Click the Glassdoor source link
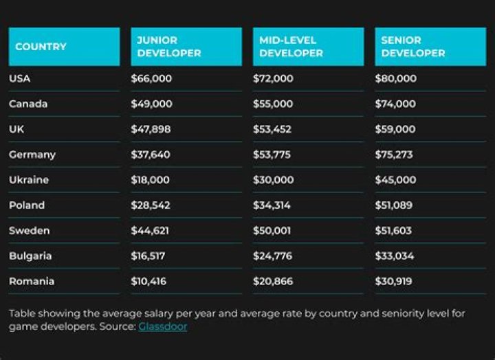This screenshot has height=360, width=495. pyautogui.click(x=162, y=326)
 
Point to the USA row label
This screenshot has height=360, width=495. pyautogui.click(x=20, y=78)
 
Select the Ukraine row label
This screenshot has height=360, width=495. pyautogui.click(x=29, y=180)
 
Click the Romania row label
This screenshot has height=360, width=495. pyautogui.click(x=32, y=281)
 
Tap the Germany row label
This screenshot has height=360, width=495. pyautogui.click(x=32, y=155)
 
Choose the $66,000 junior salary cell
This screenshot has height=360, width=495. pyautogui.click(x=151, y=78)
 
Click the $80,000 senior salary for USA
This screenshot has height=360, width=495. pyautogui.click(x=395, y=78)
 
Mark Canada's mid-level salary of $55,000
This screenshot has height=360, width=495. pyautogui.click(x=273, y=104)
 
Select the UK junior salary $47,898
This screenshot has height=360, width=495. pyautogui.click(x=151, y=129)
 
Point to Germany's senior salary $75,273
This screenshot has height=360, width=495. pyautogui.click(x=394, y=155)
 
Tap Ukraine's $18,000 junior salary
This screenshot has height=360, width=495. pyautogui.click(x=151, y=180)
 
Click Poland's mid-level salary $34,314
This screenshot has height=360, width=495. pyautogui.click(x=272, y=205)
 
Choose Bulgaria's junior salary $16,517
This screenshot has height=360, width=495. pyautogui.click(x=148, y=256)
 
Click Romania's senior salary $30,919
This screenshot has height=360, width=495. pyautogui.click(x=393, y=281)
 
